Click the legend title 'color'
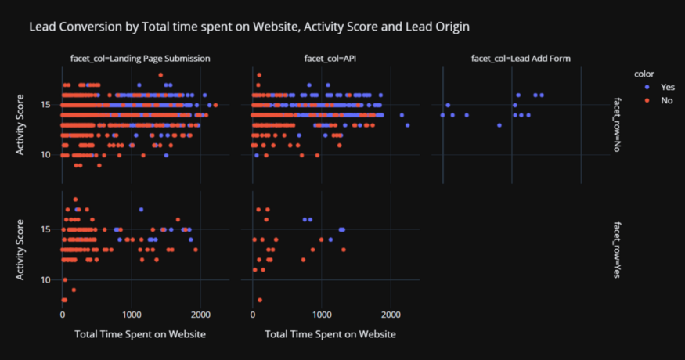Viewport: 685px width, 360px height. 646,73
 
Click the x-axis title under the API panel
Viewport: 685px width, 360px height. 330,335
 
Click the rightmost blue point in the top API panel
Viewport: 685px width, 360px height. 408,125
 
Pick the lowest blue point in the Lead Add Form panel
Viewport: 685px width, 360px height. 499,125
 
